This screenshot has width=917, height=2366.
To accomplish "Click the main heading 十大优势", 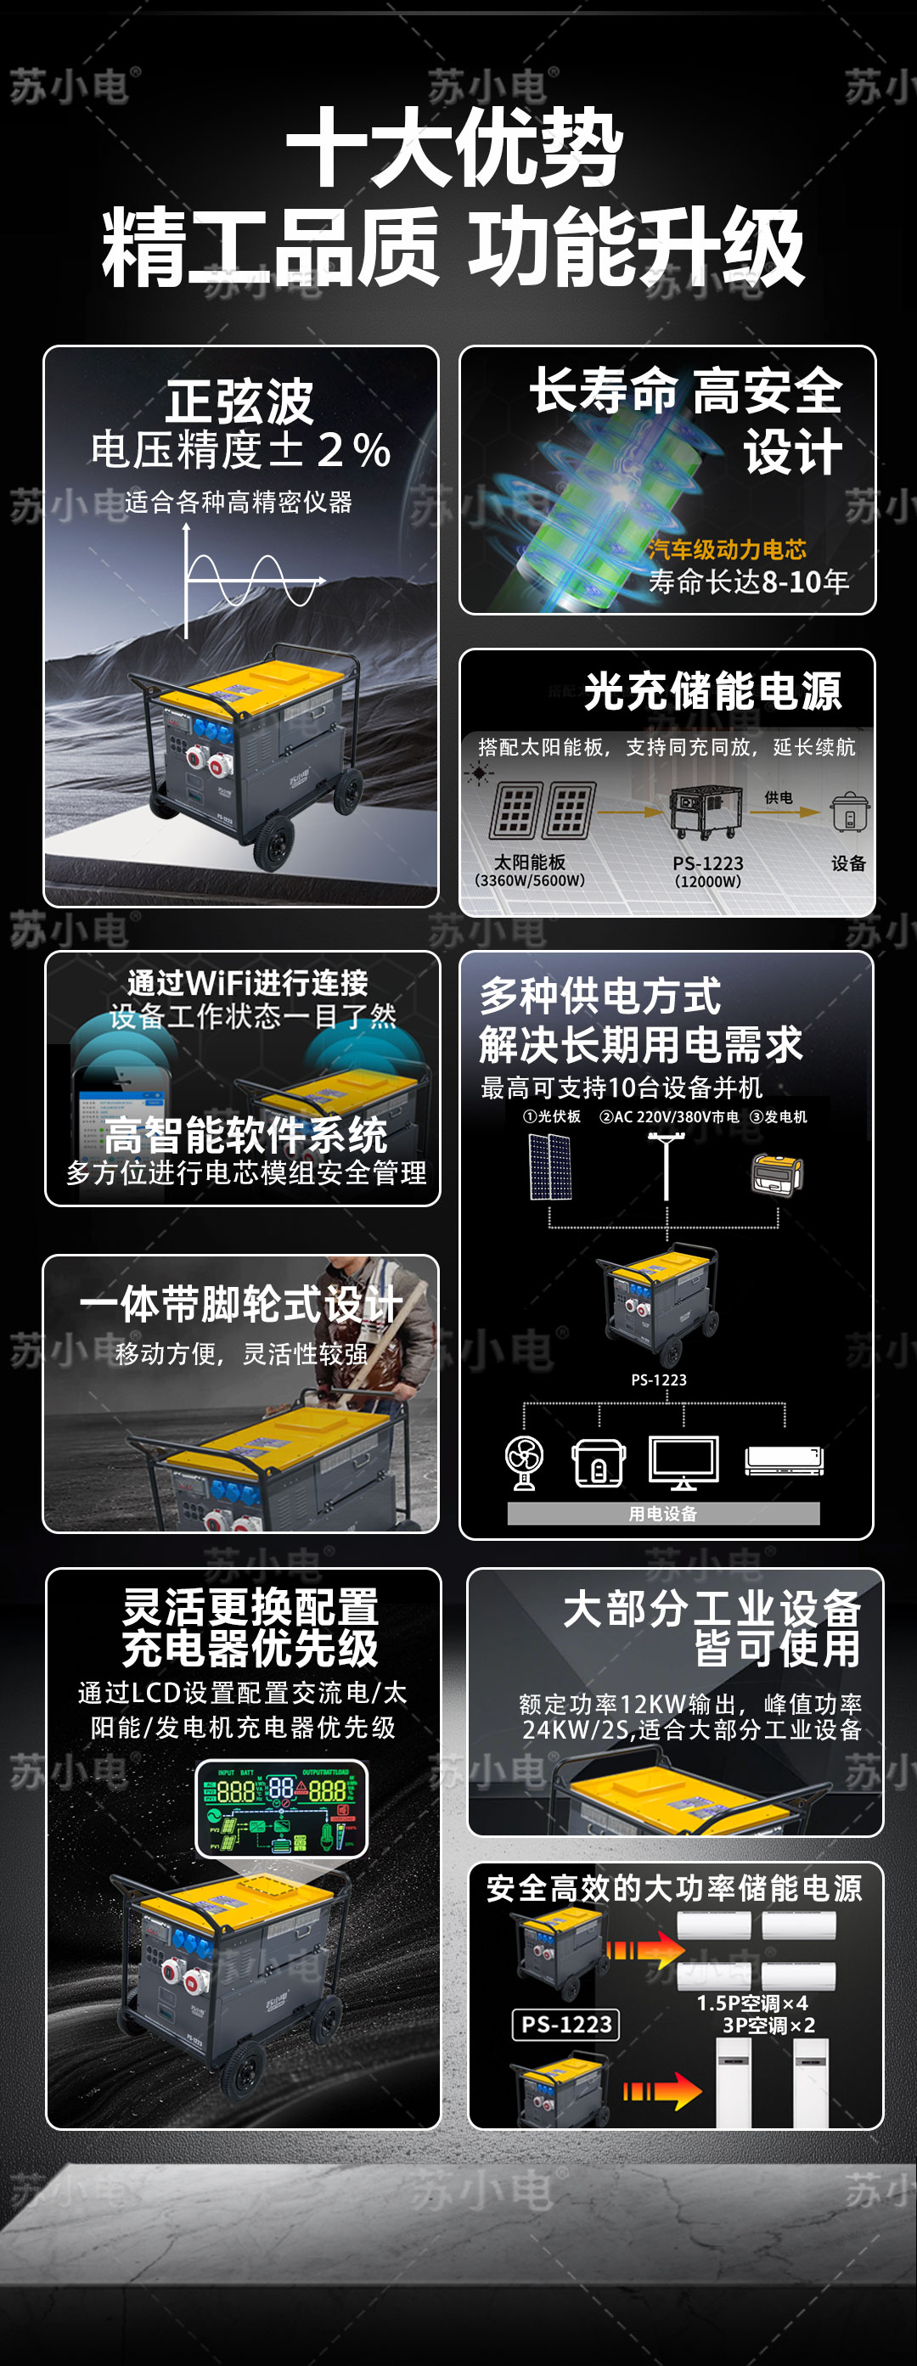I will (x=455, y=147).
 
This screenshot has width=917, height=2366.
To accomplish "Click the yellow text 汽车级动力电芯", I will (x=726, y=549).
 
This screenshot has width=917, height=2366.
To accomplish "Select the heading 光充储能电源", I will (x=712, y=691).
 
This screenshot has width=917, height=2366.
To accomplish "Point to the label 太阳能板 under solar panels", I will (x=529, y=863).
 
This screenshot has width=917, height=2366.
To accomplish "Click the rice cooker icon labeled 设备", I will (x=849, y=812).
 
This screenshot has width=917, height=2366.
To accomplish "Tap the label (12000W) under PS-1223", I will (x=707, y=882).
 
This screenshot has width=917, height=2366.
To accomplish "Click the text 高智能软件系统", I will (x=245, y=1135).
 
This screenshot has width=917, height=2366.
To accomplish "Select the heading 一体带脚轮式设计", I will (x=241, y=1304).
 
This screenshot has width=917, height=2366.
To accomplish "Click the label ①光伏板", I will (x=551, y=1117).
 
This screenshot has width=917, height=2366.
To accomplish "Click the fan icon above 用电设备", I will (x=525, y=1461).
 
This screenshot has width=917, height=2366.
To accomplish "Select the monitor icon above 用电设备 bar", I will (x=684, y=1461).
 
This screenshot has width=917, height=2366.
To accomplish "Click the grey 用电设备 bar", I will (x=662, y=1513).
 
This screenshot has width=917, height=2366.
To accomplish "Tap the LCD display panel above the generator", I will (x=281, y=1806).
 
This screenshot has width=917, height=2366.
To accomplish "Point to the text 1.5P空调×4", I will (x=751, y=2004).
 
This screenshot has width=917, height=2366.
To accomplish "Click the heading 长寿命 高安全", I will (x=685, y=391).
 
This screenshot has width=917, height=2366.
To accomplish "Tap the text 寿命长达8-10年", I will (x=748, y=582).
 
